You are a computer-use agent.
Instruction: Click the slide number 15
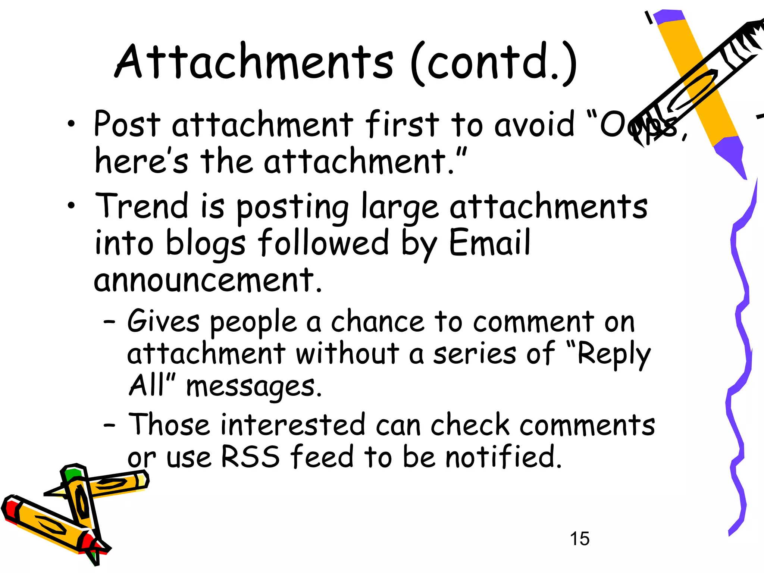pos(579,539)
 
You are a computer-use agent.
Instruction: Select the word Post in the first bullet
pos(127,124)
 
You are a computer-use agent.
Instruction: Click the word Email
pos(489,242)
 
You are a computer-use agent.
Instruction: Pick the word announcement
pos(207,281)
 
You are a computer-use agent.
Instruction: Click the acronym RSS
pos(250,456)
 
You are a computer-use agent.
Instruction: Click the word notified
pos(504,456)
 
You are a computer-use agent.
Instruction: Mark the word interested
pos(293,425)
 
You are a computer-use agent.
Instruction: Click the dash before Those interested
pos(109,425)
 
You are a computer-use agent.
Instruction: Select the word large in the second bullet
pos(400,207)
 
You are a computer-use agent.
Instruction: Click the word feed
pos(322,456)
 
